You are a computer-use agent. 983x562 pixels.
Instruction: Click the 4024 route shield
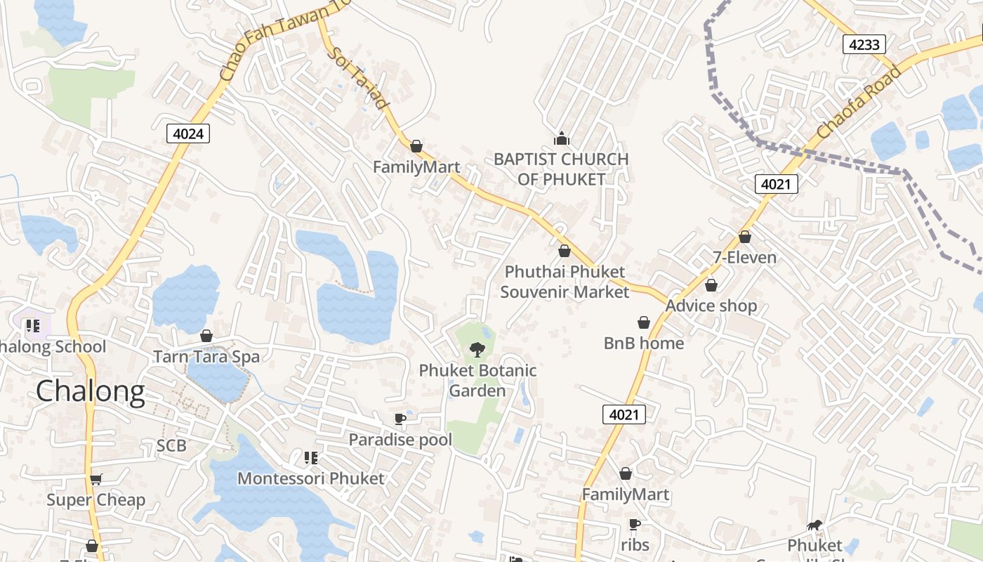[189, 133]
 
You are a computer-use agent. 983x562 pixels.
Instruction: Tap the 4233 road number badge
[864, 44]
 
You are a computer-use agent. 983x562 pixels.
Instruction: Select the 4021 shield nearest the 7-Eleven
[777, 184]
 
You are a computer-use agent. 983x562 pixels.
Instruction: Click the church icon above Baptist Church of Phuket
[561, 138]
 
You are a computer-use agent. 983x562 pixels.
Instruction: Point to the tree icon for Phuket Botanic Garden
[477, 348]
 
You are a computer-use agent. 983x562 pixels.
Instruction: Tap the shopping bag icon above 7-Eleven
[745, 237]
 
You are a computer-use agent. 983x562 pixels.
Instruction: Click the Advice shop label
[711, 306]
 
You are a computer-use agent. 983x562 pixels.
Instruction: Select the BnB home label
[644, 343]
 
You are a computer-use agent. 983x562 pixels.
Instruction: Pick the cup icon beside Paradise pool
[400, 419]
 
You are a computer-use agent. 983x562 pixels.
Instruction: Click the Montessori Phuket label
[311, 478]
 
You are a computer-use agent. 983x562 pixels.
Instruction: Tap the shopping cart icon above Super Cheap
[96, 479]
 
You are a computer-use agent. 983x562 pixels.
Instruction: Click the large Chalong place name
[91, 391]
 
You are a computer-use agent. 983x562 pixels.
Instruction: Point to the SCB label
[171, 445]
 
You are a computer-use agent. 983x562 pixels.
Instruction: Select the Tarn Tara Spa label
[206, 356]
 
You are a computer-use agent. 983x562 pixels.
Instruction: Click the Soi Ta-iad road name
[358, 79]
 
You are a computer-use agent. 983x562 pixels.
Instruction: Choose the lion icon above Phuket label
[814, 525]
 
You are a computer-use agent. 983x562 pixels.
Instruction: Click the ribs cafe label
[635, 544]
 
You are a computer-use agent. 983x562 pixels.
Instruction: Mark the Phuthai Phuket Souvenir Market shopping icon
[565, 251]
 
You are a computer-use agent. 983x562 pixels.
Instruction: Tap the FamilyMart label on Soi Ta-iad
[416, 167]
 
